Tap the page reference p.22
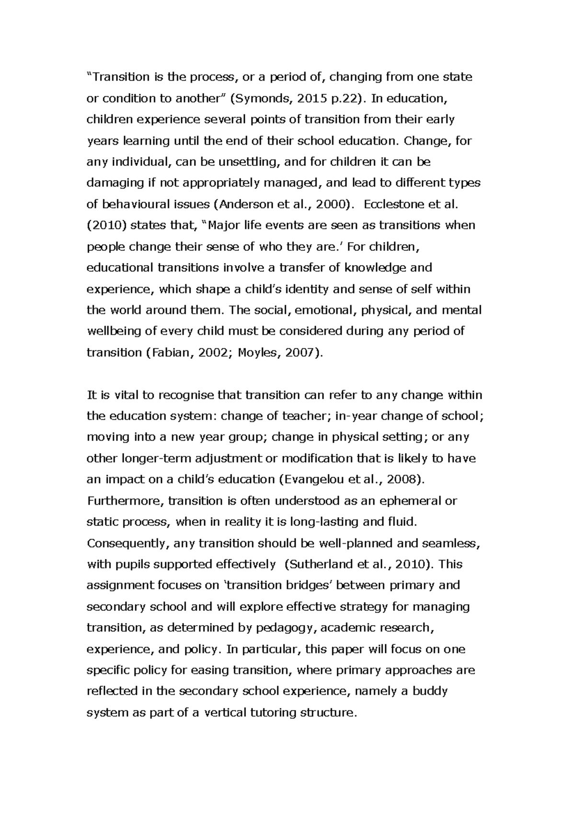click(341, 99)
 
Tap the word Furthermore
click(126, 501)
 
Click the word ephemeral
click(410, 501)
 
